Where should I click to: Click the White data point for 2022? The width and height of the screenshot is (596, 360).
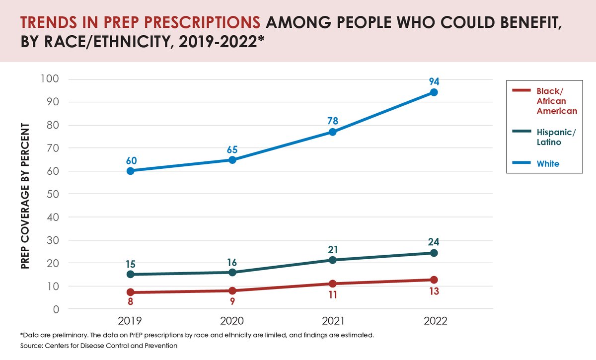(x=434, y=92)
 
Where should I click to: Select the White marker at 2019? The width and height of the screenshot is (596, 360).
(x=130, y=171)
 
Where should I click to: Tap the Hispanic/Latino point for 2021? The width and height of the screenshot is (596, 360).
(x=333, y=260)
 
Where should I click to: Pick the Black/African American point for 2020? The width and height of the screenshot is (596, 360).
(x=232, y=290)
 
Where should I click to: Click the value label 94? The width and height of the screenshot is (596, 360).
(x=434, y=81)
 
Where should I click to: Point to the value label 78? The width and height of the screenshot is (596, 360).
(x=333, y=121)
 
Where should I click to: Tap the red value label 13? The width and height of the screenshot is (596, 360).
(x=434, y=291)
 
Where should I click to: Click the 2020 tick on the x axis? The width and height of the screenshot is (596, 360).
(x=232, y=321)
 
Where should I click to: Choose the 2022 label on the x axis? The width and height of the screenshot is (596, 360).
(x=434, y=321)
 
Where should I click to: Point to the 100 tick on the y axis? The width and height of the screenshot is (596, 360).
(x=51, y=79)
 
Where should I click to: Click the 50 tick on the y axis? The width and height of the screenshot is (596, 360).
(x=53, y=194)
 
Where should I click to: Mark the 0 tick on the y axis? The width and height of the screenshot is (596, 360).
(x=56, y=309)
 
